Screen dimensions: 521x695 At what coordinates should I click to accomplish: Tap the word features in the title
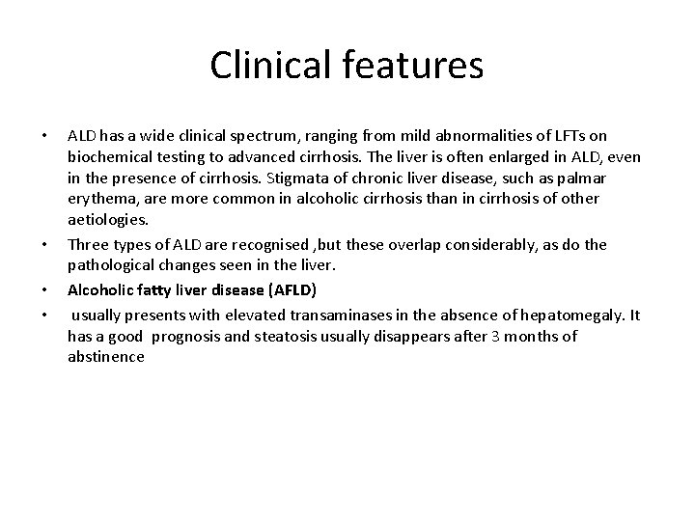coord(417,66)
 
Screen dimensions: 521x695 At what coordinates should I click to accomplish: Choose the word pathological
coord(114,266)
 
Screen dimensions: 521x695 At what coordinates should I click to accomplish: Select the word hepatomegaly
coord(570,315)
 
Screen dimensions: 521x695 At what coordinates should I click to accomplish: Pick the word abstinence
coord(106,357)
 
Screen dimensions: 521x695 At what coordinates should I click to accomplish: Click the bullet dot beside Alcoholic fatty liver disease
coord(45,289)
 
